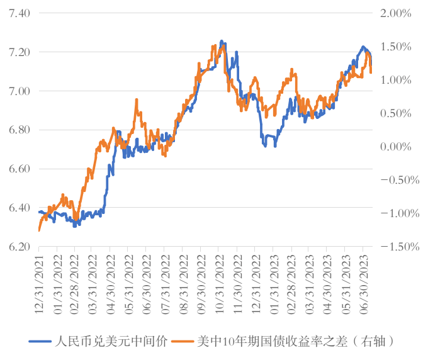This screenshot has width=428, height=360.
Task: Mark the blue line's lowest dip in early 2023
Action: click(266, 145)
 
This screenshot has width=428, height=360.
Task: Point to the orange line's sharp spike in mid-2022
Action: click(137, 99)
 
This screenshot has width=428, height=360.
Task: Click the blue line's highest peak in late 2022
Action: click(222, 42)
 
